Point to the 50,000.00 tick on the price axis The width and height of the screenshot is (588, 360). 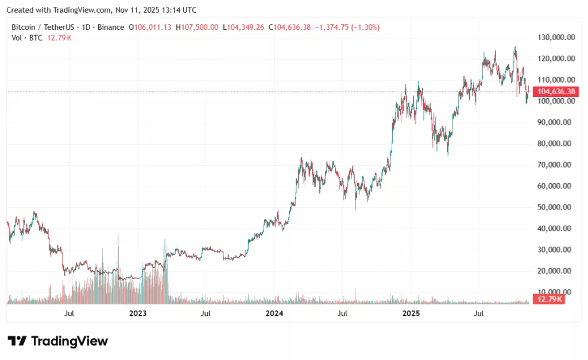[x=553, y=207]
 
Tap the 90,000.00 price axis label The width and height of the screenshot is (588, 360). [x=553, y=122]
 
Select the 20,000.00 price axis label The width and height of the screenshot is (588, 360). [x=553, y=271]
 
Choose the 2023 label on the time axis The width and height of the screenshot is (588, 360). [x=138, y=313]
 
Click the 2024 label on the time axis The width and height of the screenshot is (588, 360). [x=274, y=313]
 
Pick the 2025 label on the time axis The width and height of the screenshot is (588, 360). [x=411, y=313]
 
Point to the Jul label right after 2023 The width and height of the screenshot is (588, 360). [x=206, y=313]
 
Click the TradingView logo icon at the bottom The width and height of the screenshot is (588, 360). [x=17, y=341]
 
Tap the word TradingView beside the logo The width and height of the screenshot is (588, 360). [x=69, y=341]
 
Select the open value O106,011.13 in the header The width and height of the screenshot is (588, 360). [x=150, y=27]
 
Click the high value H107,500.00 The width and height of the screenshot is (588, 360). [x=197, y=27]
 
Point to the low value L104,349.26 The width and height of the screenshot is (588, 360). [x=243, y=27]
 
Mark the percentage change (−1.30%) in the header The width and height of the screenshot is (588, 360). [x=363, y=27]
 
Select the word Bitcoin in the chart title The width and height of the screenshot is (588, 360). [x=24, y=27]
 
